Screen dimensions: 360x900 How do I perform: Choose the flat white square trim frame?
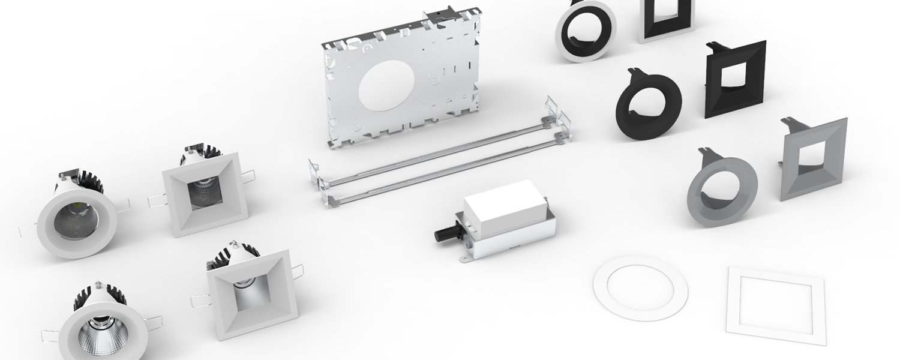tap(776, 301)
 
